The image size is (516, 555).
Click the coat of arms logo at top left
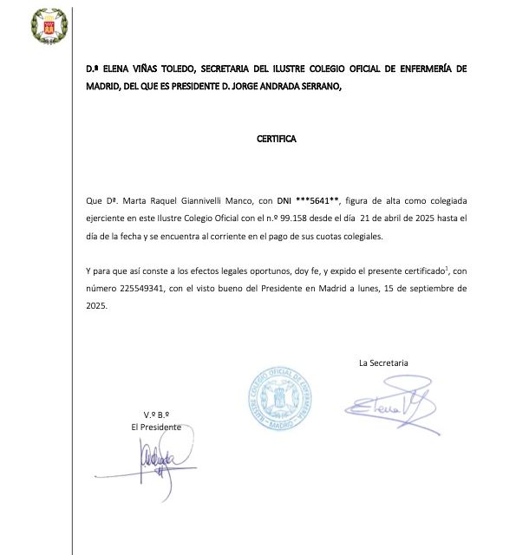[41, 26]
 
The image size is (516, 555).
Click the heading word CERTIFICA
[277, 138]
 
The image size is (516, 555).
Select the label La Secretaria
[383, 363]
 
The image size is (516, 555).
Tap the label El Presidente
[156, 428]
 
